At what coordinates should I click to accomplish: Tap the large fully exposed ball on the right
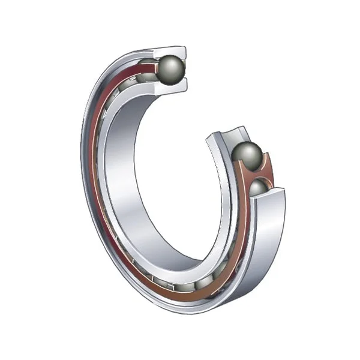247,157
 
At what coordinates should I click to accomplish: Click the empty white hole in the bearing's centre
174,186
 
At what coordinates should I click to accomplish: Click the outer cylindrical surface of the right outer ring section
270,240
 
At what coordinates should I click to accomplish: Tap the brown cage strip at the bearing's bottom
180,287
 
